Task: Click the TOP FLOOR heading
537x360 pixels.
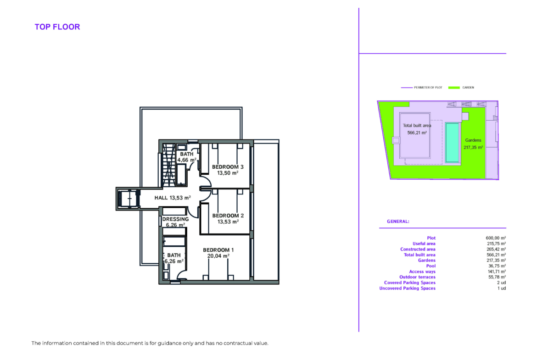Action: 57,27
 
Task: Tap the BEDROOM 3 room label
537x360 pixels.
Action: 228,167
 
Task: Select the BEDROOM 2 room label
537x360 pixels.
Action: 228,216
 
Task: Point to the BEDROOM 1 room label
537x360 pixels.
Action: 218,250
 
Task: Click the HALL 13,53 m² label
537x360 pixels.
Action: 173,198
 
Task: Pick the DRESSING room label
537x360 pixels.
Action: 175,219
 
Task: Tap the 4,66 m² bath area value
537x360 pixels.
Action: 187,160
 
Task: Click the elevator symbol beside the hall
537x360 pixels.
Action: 129,199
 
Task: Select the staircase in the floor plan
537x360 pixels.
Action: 169,165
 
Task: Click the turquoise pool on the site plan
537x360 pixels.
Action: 453,142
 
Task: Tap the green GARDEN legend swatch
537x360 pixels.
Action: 454,88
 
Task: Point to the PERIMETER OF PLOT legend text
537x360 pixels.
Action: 428,88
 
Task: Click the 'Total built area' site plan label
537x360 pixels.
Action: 417,126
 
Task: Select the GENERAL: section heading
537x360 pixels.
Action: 398,222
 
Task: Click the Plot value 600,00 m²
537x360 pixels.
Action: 496,238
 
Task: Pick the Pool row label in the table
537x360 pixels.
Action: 431,266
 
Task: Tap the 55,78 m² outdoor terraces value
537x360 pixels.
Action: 497,277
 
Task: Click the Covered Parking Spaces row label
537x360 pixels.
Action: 409,282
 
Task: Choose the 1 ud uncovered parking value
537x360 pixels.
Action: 502,288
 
